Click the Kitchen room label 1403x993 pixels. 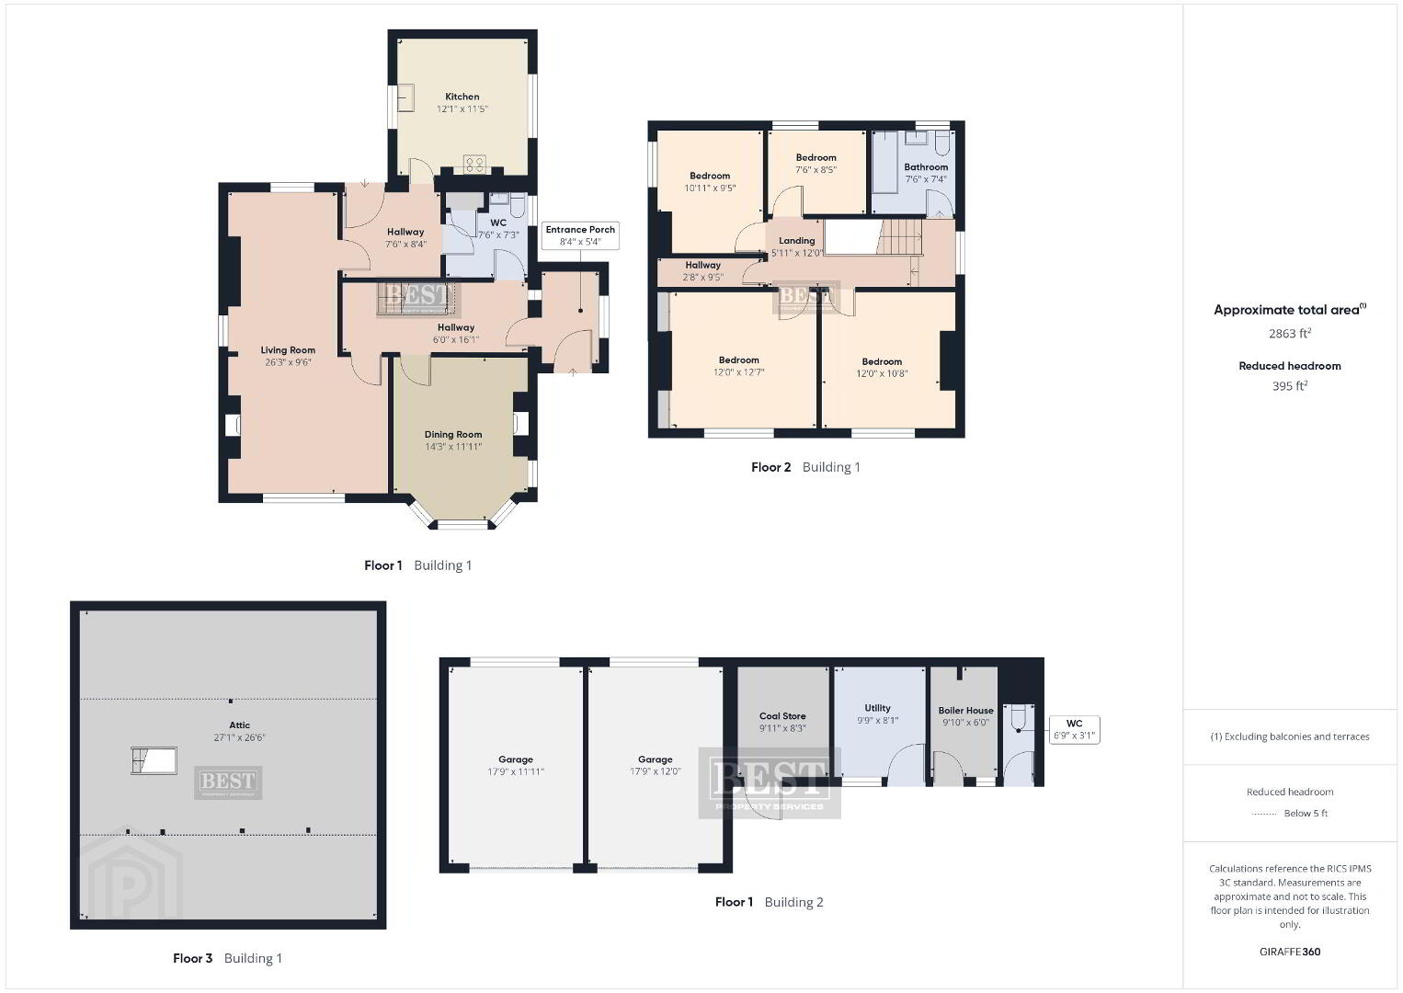(462, 97)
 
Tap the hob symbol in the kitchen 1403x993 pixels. (474, 165)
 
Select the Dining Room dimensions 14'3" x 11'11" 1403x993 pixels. (453, 447)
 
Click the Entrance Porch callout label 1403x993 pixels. (580, 235)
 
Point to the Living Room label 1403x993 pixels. (288, 350)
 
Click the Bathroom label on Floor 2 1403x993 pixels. (926, 167)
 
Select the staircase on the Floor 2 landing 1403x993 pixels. (899, 237)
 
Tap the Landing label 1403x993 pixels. (797, 241)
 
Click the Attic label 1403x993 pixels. (239, 725)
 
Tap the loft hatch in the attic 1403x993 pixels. (154, 761)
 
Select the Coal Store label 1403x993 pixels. (782, 716)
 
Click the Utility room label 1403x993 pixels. (877, 708)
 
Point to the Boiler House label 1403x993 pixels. (965, 711)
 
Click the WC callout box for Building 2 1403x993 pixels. (1074, 730)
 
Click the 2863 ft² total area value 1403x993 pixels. (1290, 333)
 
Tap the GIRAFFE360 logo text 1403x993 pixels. (1290, 952)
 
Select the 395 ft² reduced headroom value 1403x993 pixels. (1290, 386)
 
